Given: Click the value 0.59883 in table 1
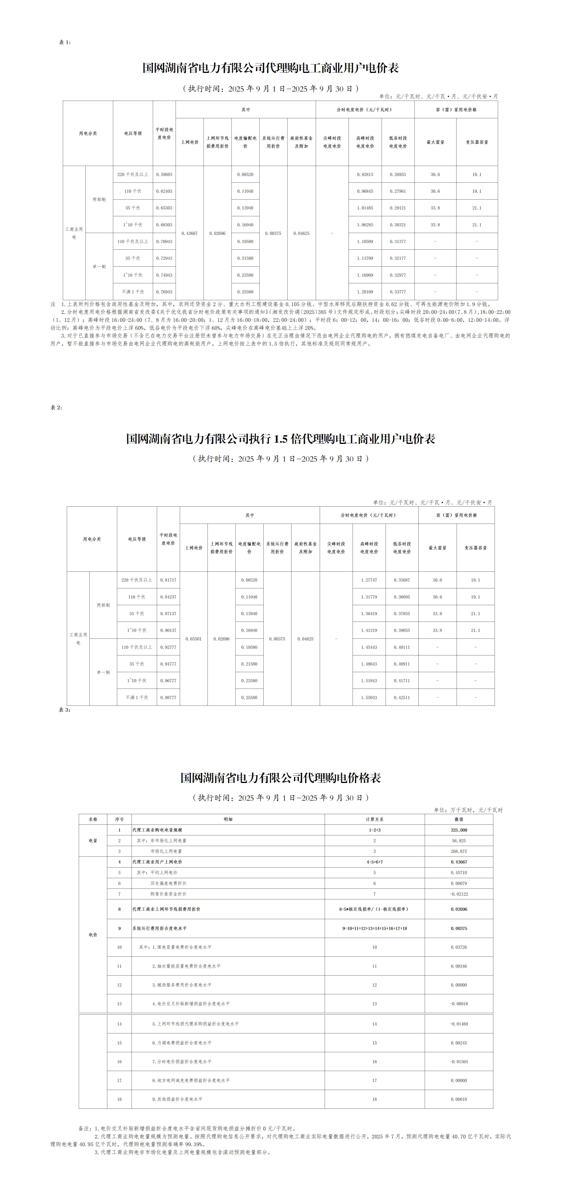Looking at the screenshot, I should tap(164, 174).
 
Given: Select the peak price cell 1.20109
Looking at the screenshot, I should tap(365, 292).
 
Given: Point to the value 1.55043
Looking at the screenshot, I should tap(369, 697).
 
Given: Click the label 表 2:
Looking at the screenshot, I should tap(56, 407).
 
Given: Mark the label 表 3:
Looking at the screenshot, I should tap(64, 710).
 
